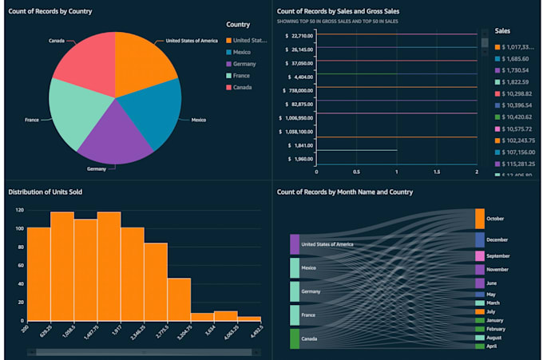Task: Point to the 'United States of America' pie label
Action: [191, 40]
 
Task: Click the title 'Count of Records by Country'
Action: [50, 12]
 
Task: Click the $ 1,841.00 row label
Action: [302, 145]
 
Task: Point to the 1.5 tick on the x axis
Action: [436, 171]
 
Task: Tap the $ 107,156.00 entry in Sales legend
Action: [513, 152]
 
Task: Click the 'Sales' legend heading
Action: [503, 30]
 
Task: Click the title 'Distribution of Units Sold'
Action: [45, 192]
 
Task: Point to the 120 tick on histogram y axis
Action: [18, 211]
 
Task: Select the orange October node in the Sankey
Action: [479, 218]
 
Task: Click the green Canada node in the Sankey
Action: [295, 338]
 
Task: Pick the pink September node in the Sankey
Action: [479, 256]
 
